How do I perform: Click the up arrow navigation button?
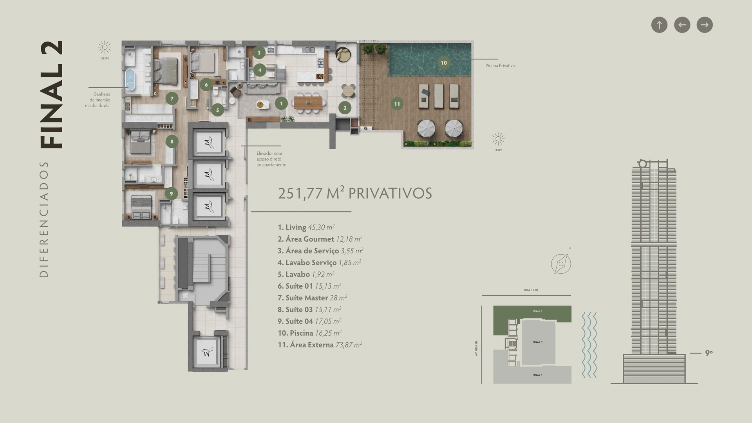point(659,25)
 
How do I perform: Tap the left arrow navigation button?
point(682,25)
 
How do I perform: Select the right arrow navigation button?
point(705,25)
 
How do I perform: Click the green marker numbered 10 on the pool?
point(444,63)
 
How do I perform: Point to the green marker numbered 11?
point(397,104)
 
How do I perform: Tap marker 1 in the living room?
point(281,104)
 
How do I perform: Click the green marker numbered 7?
point(172,98)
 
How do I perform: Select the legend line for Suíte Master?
point(312,298)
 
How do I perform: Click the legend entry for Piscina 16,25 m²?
point(309,333)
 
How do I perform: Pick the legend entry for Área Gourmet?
point(320,239)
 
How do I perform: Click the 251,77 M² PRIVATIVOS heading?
point(355,193)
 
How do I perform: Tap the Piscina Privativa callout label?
point(500,66)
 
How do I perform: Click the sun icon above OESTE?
point(105,47)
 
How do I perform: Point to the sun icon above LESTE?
point(498,139)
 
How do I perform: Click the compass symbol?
point(561,264)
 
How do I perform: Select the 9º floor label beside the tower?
point(709,353)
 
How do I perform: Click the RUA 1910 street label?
point(531,290)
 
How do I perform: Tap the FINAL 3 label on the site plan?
point(537,342)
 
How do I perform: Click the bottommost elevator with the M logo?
point(208,351)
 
